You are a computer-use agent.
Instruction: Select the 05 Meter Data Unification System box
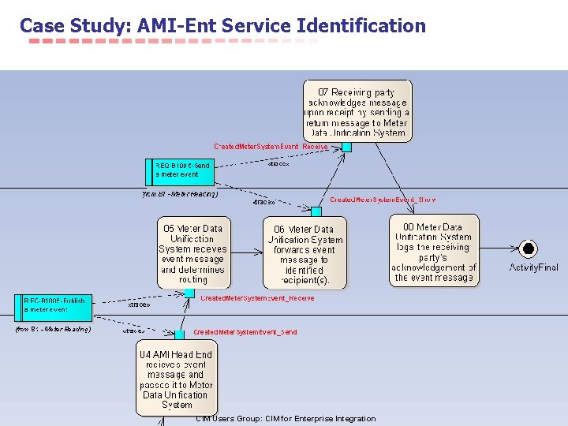194,253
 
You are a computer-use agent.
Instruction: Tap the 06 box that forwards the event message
304,253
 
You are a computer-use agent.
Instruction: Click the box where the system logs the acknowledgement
434,251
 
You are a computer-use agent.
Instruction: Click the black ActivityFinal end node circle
529,249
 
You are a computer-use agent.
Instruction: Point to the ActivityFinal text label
533,268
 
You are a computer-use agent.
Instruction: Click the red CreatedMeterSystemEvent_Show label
383,200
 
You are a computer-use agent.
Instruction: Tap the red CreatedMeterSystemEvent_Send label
245,333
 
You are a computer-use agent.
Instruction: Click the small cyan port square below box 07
346,146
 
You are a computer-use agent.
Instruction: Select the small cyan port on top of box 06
316,211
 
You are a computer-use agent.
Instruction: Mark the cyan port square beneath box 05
189,293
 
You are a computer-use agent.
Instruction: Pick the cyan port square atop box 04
180,335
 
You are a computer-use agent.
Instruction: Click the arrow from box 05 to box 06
247,252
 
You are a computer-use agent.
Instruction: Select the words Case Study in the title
74,26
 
